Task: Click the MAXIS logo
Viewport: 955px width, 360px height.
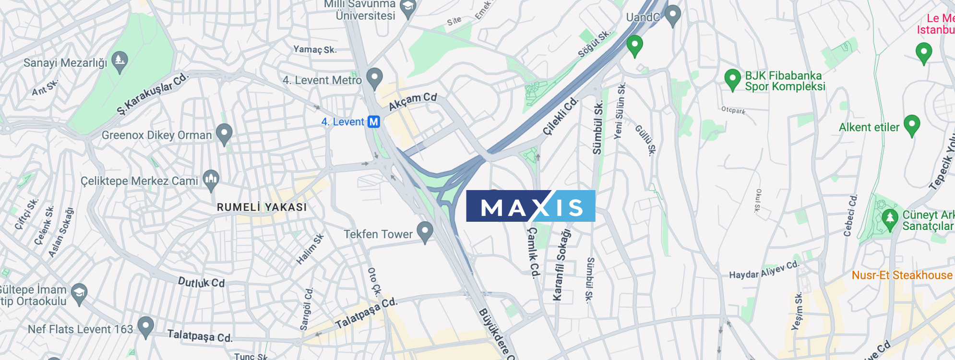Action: tap(530, 206)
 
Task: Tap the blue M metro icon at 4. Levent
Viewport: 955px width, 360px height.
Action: tap(374, 122)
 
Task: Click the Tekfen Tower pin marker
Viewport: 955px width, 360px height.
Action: tap(425, 231)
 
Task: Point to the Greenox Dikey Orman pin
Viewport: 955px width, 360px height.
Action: tap(224, 133)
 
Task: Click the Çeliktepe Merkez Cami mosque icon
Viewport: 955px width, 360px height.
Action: tap(211, 180)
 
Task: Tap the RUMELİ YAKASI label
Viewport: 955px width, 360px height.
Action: tap(262, 207)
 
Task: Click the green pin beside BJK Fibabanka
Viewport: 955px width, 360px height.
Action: tap(732, 79)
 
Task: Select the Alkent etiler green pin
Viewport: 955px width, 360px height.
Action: tap(911, 125)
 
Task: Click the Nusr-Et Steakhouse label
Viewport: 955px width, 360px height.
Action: tap(902, 276)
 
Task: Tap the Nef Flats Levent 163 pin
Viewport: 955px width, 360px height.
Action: tap(145, 326)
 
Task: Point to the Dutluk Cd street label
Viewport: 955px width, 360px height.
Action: tap(201, 282)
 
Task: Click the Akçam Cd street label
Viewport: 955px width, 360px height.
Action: tap(413, 101)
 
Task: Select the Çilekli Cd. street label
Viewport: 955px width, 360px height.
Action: tap(561, 116)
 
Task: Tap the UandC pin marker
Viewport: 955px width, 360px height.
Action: tap(672, 15)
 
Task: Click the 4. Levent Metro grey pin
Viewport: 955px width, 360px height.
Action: tap(374, 77)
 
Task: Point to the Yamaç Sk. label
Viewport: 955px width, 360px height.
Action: tap(315, 49)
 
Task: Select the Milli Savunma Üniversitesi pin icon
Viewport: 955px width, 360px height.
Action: tap(408, 8)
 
